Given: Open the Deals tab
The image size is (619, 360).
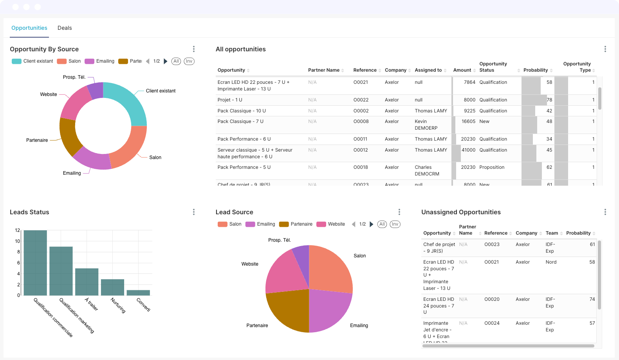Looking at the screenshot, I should pyautogui.click(x=65, y=28).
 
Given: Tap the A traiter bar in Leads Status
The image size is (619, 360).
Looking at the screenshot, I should pyautogui.click(x=87, y=282).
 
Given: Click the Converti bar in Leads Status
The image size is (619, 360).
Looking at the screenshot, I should pyautogui.click(x=138, y=293).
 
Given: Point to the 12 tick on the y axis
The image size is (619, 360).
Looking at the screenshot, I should pyautogui.click(x=17, y=230).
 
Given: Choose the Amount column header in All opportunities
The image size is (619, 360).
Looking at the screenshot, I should pyautogui.click(x=462, y=70).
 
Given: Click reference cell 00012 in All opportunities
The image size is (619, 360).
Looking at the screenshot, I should pyautogui.click(x=361, y=150).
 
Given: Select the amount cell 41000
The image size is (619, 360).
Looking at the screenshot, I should pyautogui.click(x=468, y=150).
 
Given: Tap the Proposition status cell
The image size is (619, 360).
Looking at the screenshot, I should pyautogui.click(x=492, y=167).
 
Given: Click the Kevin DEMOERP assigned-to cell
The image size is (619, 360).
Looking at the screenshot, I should pyautogui.click(x=426, y=125).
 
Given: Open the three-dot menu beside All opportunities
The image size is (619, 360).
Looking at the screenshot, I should pyautogui.click(x=605, y=49).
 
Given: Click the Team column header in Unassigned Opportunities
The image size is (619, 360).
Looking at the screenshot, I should pyautogui.click(x=552, y=233).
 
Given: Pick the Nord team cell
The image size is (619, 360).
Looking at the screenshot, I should pyautogui.click(x=551, y=262).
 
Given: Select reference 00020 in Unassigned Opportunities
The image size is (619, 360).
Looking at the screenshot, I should pyautogui.click(x=492, y=299).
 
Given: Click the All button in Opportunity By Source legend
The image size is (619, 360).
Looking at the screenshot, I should pyautogui.click(x=176, y=61).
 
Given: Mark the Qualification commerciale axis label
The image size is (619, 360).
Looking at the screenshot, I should pyautogui.click(x=53, y=318).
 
